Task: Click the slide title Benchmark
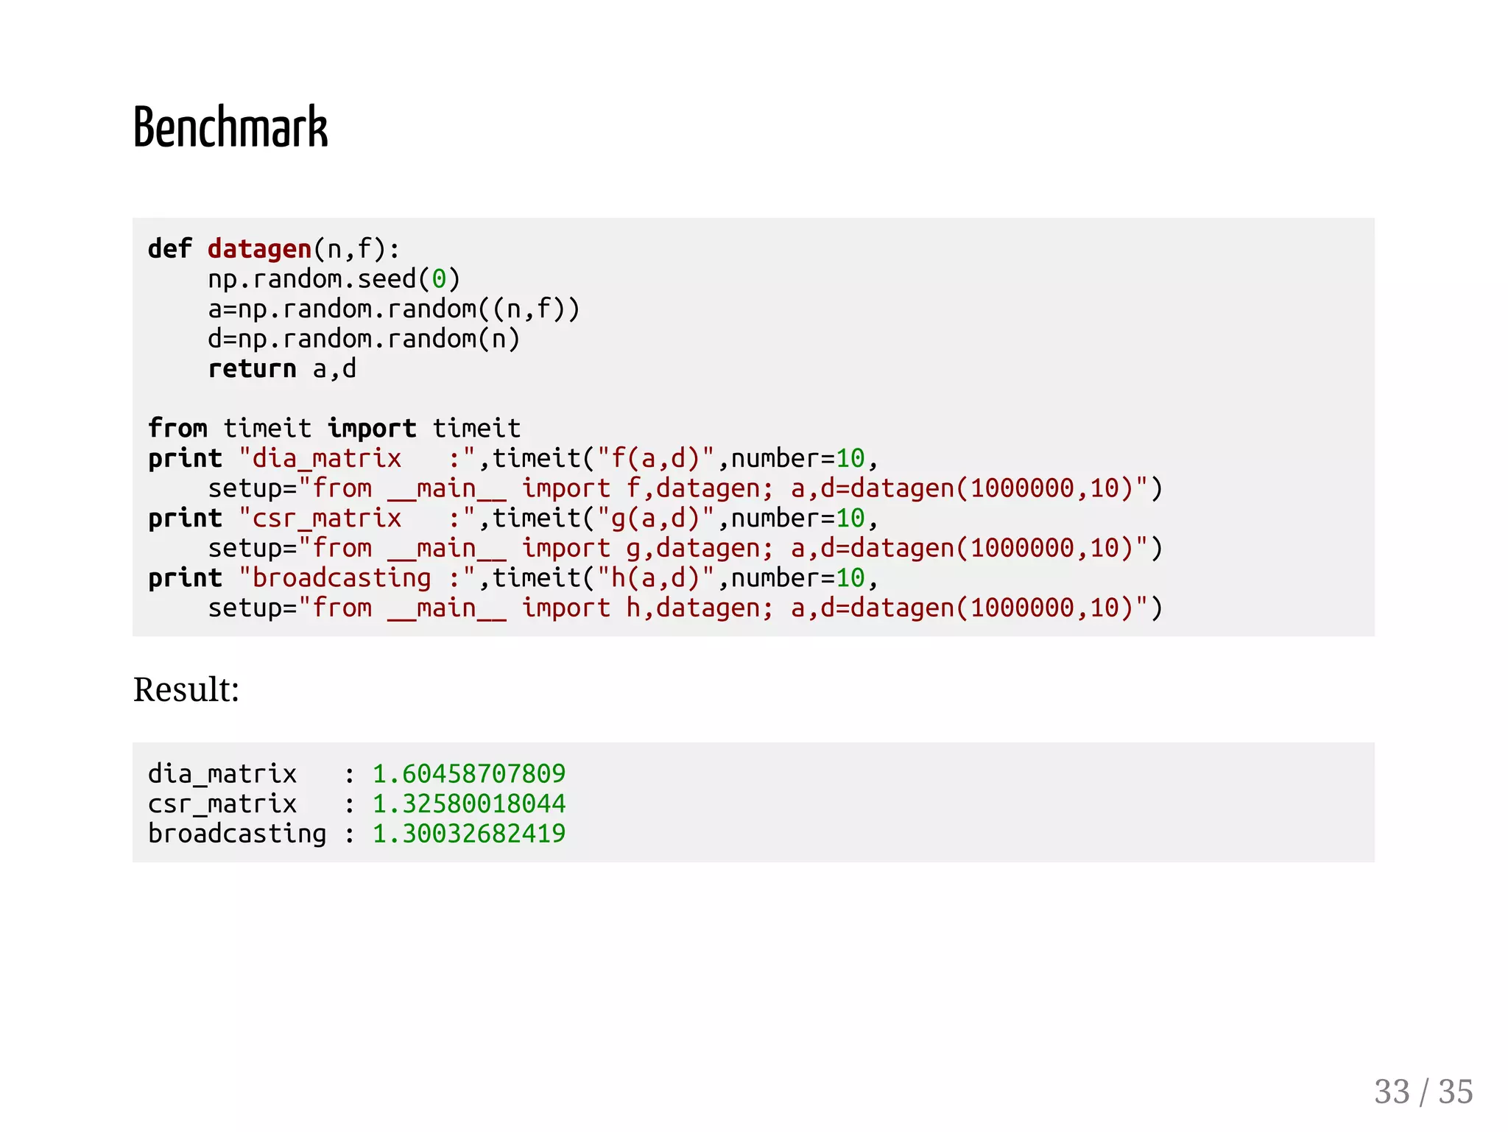click(x=230, y=127)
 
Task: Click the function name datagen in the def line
click(x=259, y=249)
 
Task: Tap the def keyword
click(x=169, y=249)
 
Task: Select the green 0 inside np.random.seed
click(x=439, y=279)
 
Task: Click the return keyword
click(x=252, y=368)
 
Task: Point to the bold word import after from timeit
click(x=372, y=428)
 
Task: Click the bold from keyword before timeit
click(x=177, y=428)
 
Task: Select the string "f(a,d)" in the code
click(x=655, y=458)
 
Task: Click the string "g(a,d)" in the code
click(x=655, y=518)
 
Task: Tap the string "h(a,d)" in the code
click(x=655, y=578)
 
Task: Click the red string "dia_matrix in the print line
click(x=320, y=458)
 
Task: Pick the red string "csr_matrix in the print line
click(x=320, y=518)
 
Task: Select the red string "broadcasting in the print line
click(x=335, y=578)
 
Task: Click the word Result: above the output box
click(x=186, y=690)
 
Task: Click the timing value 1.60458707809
click(x=469, y=773)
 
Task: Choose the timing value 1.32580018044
click(x=469, y=804)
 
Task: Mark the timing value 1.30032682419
click(x=469, y=834)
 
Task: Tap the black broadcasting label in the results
click(x=236, y=834)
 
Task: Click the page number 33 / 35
click(x=1423, y=1091)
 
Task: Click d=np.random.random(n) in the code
click(x=364, y=339)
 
